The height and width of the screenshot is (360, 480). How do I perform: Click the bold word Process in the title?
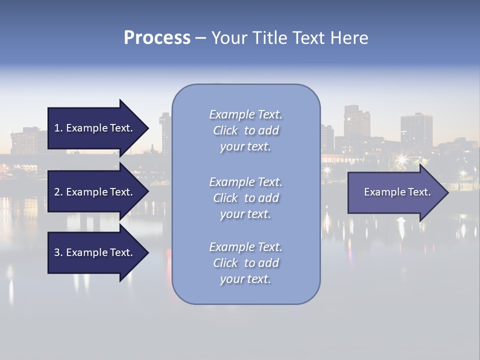[157, 37]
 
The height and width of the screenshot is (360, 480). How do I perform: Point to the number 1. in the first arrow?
[58, 128]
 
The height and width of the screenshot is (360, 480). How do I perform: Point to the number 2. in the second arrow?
[58, 192]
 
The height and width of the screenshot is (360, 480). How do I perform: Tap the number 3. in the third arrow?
[58, 252]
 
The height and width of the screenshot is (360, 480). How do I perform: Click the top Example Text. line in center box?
[245, 114]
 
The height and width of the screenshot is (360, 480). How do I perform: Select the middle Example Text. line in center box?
[245, 181]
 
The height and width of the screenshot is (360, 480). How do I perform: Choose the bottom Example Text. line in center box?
[245, 246]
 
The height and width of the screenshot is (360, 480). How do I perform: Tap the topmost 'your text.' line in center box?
[245, 146]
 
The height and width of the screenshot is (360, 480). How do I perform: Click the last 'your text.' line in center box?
[245, 279]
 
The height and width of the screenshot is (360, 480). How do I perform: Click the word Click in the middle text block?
[225, 198]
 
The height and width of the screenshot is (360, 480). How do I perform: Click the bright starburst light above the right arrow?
[401, 159]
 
